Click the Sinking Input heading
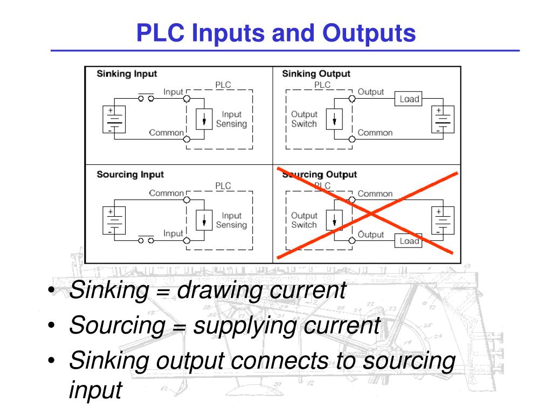tap(127, 74)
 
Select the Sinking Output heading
tap(316, 74)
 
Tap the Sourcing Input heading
tap(130, 175)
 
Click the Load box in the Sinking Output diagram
tap(409, 99)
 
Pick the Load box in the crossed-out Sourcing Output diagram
tap(409, 241)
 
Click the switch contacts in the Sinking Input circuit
tap(146, 99)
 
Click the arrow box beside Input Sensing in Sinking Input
tap(204, 119)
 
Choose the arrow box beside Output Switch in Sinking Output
tap(335, 119)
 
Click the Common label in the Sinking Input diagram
tap(166, 133)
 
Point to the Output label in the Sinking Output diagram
tap(371, 92)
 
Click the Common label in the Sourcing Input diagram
tap(166, 193)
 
